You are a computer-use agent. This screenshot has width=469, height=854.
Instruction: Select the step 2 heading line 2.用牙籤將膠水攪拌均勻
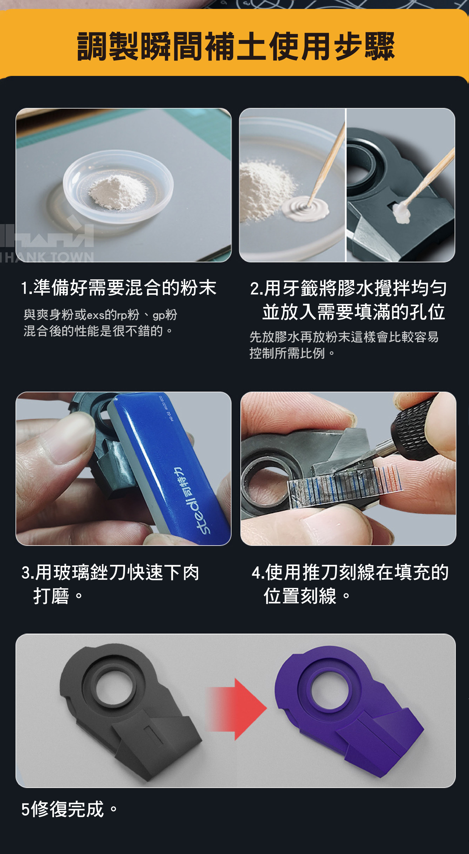[348, 288]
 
